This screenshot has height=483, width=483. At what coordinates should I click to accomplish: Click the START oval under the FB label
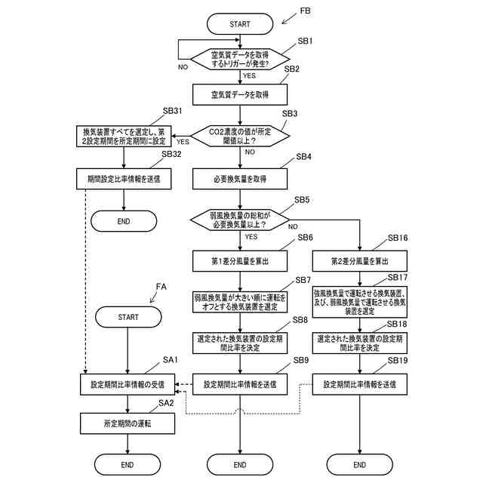[240, 23]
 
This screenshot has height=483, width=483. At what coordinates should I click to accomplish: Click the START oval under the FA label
[128, 317]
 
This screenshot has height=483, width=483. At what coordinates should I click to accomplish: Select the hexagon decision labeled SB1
[240, 59]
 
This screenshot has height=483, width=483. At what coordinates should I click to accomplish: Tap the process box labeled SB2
[240, 95]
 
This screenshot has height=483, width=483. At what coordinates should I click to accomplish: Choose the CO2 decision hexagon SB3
[240, 136]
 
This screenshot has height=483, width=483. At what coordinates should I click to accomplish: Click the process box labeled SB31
[124, 136]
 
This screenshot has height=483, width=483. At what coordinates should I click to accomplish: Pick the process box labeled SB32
[124, 179]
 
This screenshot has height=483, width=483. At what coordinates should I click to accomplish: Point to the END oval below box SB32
[124, 221]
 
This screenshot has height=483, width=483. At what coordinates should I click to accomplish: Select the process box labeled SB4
[240, 179]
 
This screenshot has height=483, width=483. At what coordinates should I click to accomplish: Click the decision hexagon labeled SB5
[240, 220]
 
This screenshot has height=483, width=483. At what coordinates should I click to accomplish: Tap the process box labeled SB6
[240, 261]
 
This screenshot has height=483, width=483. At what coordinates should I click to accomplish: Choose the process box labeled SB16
[360, 261]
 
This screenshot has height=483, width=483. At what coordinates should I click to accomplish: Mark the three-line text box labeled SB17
[360, 302]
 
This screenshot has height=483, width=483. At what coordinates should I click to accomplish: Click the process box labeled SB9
[240, 384]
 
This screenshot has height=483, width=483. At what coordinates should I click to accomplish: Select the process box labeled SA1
[128, 384]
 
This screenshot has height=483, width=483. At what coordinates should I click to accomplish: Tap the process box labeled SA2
[128, 424]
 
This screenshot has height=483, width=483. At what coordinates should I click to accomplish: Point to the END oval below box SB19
[359, 465]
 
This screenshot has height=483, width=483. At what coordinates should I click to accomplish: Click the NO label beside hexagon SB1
[183, 67]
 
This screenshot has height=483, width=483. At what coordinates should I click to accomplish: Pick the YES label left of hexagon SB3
[183, 142]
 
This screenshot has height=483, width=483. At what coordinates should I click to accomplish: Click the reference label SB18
[397, 324]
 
